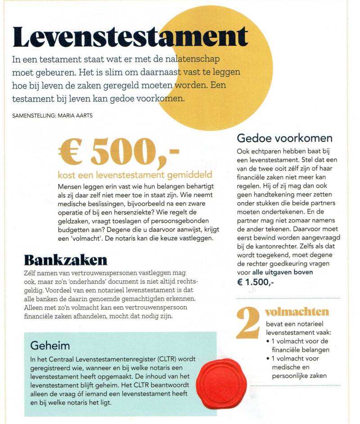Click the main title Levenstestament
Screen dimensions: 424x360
pyautogui.click(x=130, y=37)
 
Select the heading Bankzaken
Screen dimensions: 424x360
pyautogui.click(x=66, y=260)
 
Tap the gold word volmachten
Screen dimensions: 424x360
pyautogui.click(x=297, y=312)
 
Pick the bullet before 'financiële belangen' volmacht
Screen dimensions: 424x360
pyautogui.click(x=269, y=341)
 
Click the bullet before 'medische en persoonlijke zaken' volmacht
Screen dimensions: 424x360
pyautogui.click(x=269, y=359)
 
